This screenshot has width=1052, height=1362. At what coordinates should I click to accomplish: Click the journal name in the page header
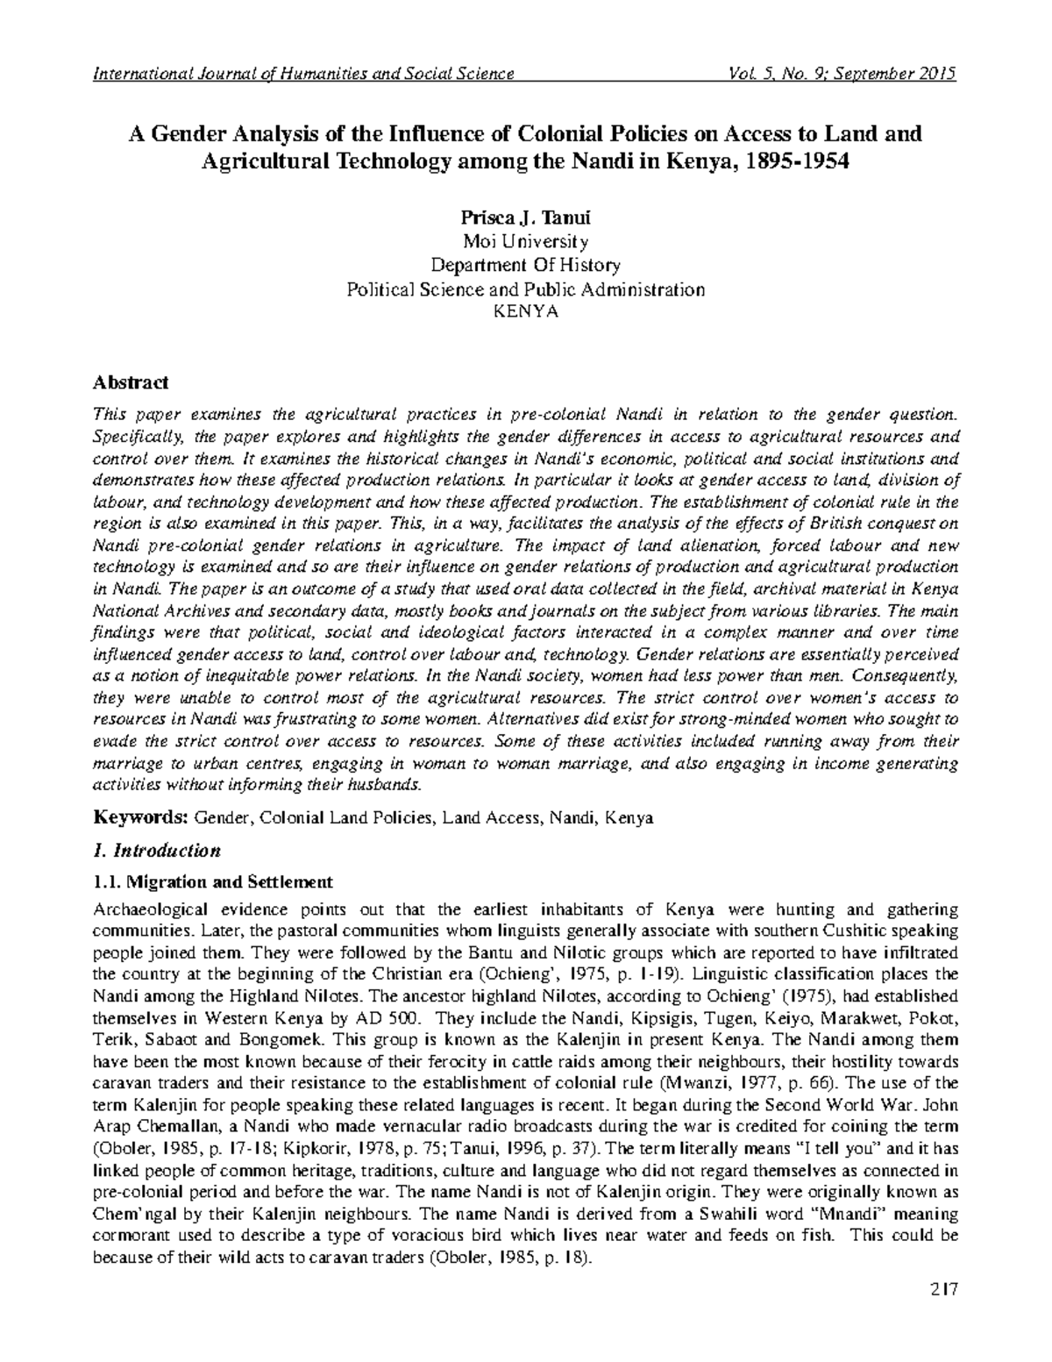pos(303,74)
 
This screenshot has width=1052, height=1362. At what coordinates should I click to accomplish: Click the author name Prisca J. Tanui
pos(525,217)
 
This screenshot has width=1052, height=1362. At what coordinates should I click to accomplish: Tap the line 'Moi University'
pos(525,241)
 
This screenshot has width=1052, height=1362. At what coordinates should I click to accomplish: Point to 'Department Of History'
pos(525,265)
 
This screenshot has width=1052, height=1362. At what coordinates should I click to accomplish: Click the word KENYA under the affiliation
pos(525,311)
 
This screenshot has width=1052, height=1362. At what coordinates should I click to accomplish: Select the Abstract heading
pos(131,383)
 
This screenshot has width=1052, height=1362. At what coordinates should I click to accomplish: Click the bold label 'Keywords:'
pos(141,817)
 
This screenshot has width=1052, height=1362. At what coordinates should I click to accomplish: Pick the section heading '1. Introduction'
pos(155,851)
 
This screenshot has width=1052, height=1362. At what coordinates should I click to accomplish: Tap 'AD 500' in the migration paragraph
pos(383,1017)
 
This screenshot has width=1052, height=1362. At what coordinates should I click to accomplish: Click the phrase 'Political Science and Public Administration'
pos(525,289)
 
